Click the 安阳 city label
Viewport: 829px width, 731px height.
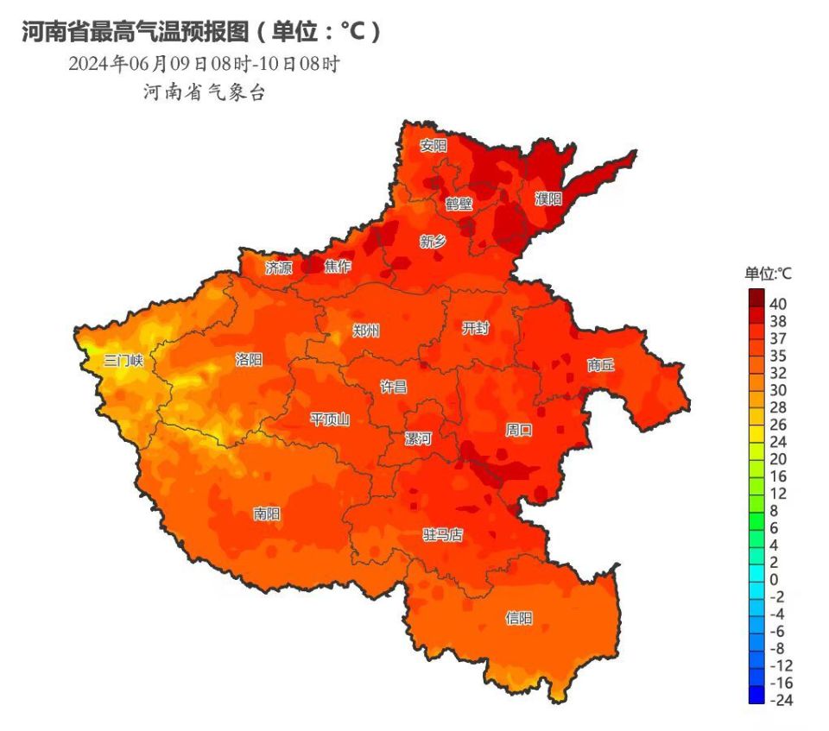click(x=433, y=146)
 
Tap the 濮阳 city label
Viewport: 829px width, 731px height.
click(x=547, y=199)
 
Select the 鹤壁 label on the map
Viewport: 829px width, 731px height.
click(x=459, y=204)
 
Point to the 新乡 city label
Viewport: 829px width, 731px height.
click(x=433, y=242)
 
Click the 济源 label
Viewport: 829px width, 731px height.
click(x=279, y=267)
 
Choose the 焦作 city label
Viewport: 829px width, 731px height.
click(x=338, y=267)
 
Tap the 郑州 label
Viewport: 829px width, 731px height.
click(x=366, y=331)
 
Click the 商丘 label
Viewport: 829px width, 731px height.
click(x=601, y=364)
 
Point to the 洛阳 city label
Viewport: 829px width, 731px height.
click(x=249, y=360)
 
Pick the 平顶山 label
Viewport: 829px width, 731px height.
click(x=330, y=419)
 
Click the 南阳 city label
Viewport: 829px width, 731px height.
click(x=267, y=514)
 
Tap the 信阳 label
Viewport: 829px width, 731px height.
click(x=519, y=618)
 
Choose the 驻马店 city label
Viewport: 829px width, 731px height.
click(x=442, y=535)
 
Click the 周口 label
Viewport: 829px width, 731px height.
click(x=519, y=429)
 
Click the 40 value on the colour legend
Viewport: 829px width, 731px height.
click(x=778, y=304)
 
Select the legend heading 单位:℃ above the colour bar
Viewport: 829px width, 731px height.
click(x=769, y=274)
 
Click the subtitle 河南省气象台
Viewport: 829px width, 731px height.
click(x=205, y=93)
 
